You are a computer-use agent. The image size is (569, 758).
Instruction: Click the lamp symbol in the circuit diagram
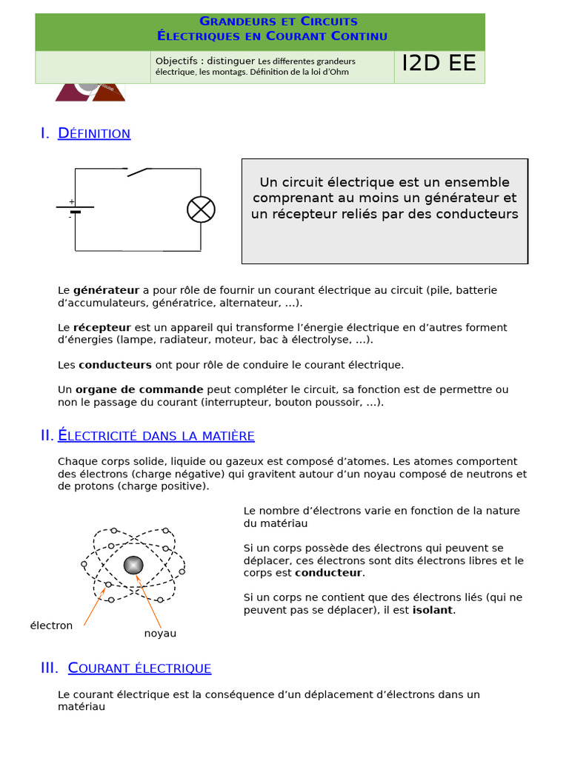[x=201, y=209]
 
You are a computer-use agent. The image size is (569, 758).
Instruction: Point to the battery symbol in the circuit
[x=75, y=209]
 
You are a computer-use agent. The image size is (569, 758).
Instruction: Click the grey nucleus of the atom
[x=133, y=565]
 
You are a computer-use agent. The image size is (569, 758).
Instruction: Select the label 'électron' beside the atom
[x=51, y=625]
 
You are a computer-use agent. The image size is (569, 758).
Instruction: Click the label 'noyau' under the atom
[x=160, y=634]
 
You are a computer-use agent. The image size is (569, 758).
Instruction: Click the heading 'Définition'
[x=94, y=133]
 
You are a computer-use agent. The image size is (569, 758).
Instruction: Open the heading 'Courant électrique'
[x=139, y=668]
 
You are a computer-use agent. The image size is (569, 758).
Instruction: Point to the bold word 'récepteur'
[x=102, y=327]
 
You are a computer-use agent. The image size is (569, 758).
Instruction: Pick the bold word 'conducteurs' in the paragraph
[x=115, y=365]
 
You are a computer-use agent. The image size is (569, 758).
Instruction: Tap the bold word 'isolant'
[x=433, y=610]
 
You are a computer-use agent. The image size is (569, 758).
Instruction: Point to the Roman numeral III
[x=49, y=668]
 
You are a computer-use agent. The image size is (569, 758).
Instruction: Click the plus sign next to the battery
[x=71, y=201]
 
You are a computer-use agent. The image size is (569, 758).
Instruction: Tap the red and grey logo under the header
[x=90, y=92]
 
